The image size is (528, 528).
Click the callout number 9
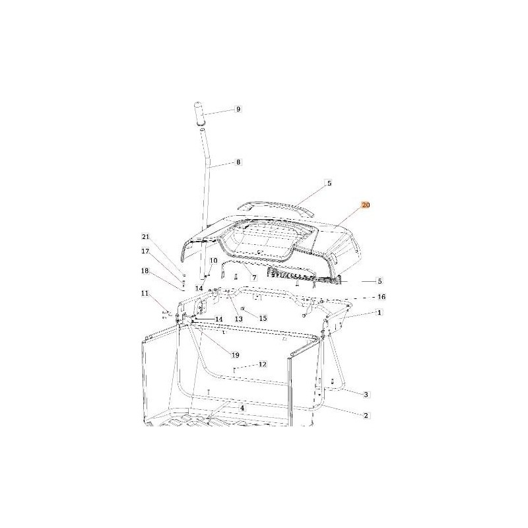[238, 109]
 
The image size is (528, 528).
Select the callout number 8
[238, 162]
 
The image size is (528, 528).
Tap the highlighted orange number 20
[366, 205]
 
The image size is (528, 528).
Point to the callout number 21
[145, 237]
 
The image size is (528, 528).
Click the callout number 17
[145, 251]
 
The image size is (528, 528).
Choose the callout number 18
[145, 271]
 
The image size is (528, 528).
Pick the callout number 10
[214, 261]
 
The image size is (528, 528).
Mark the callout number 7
[254, 278]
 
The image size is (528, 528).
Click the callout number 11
[145, 294]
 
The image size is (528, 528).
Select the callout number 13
[239, 319]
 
